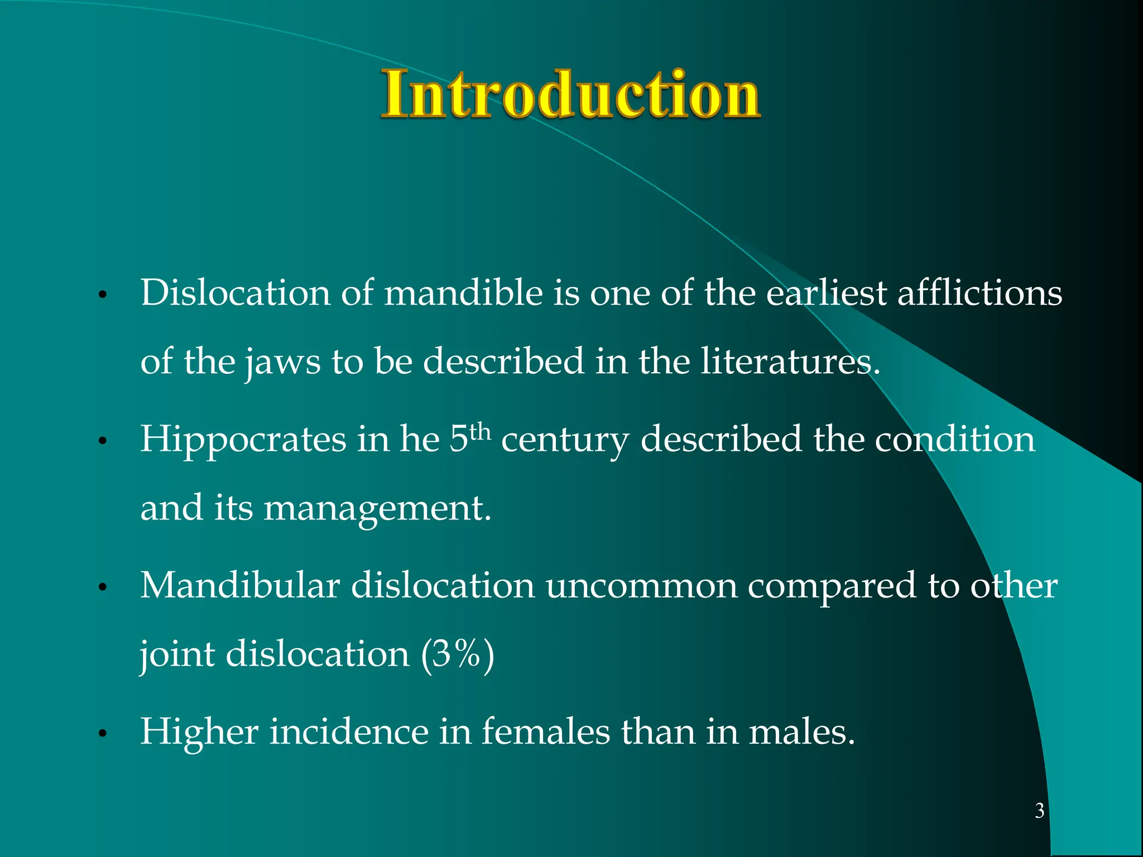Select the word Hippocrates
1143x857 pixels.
click(x=243, y=440)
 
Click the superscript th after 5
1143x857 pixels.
click(x=480, y=431)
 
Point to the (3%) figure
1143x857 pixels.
click(x=458, y=653)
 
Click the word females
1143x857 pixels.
click(x=546, y=731)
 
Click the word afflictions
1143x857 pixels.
click(x=979, y=293)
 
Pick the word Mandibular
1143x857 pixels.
click(x=240, y=585)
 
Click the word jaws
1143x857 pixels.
click(x=282, y=362)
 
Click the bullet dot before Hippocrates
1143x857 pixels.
click(x=102, y=441)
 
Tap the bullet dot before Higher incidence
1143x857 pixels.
click(x=102, y=733)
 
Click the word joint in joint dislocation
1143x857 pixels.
click(x=177, y=654)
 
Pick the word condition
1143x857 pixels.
click(x=954, y=440)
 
